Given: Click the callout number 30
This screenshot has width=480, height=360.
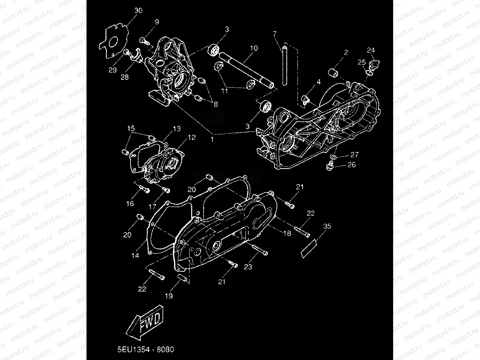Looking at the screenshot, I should (138, 11).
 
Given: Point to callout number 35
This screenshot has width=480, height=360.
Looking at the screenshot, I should (327, 226).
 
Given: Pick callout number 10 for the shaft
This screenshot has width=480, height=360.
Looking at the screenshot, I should (254, 48).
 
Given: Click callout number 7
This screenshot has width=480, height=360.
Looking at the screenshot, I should (275, 34).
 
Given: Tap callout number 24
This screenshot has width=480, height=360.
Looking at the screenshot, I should (371, 50).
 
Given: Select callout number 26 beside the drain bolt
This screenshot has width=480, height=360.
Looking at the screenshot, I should (352, 165).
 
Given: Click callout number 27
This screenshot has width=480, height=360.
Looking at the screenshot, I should (354, 155).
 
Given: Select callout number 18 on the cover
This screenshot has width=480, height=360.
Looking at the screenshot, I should (287, 233).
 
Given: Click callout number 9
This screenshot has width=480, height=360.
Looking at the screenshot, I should (157, 22).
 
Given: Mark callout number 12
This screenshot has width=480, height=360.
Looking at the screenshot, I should (192, 137).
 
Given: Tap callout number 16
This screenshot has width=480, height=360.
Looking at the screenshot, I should (131, 204).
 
